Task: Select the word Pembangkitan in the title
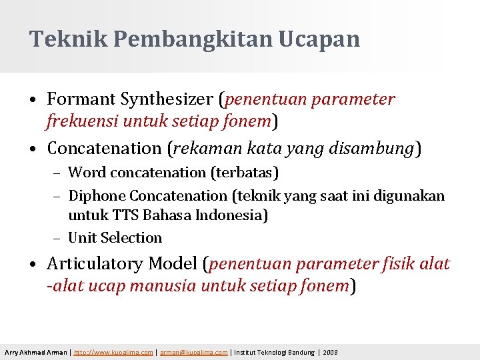[x=193, y=39]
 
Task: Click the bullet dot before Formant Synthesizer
[x=33, y=101]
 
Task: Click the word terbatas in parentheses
[x=244, y=173]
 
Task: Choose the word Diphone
[x=97, y=195]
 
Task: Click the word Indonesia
[x=233, y=216]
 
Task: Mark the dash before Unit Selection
[x=57, y=238]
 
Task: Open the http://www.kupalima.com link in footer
[x=113, y=352]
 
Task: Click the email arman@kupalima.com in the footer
[x=193, y=352]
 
